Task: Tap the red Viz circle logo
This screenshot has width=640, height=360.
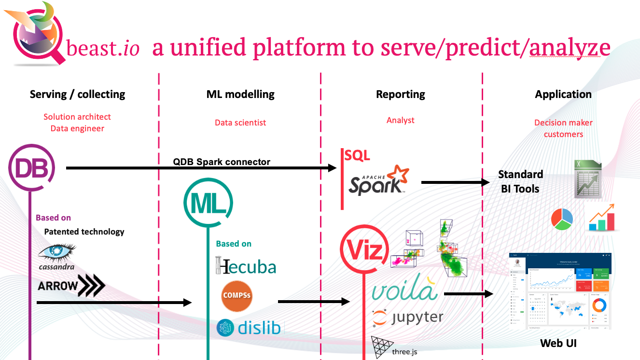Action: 364,249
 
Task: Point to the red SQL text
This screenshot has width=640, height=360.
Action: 357,155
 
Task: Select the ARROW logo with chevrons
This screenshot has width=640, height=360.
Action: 71,286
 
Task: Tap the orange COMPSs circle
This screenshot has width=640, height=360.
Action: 237,295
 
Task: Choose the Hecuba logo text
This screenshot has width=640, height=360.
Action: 246,266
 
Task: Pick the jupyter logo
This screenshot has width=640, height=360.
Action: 408,318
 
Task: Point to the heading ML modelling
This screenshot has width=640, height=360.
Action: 240,95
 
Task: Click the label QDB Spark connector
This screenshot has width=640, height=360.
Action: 222,162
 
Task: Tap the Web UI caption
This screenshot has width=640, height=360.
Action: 558,343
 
